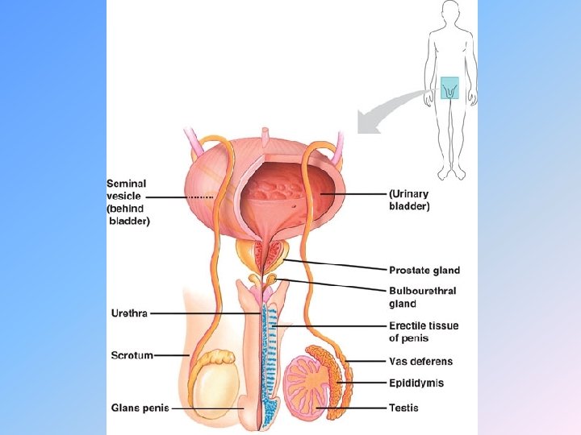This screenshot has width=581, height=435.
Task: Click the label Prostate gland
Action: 424,271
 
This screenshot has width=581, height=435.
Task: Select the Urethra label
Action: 129,313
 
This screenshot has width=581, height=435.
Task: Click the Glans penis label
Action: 140,408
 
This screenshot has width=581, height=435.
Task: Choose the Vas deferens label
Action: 420,362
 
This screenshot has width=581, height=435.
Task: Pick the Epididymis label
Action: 416,383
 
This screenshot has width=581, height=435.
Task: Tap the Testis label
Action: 403,408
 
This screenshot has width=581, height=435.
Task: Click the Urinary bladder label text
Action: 410,200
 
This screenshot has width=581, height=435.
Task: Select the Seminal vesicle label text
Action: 128,201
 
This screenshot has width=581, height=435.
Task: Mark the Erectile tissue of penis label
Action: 423,331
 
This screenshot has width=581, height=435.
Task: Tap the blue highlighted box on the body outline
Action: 449,88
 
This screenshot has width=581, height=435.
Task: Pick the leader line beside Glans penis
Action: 210,408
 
